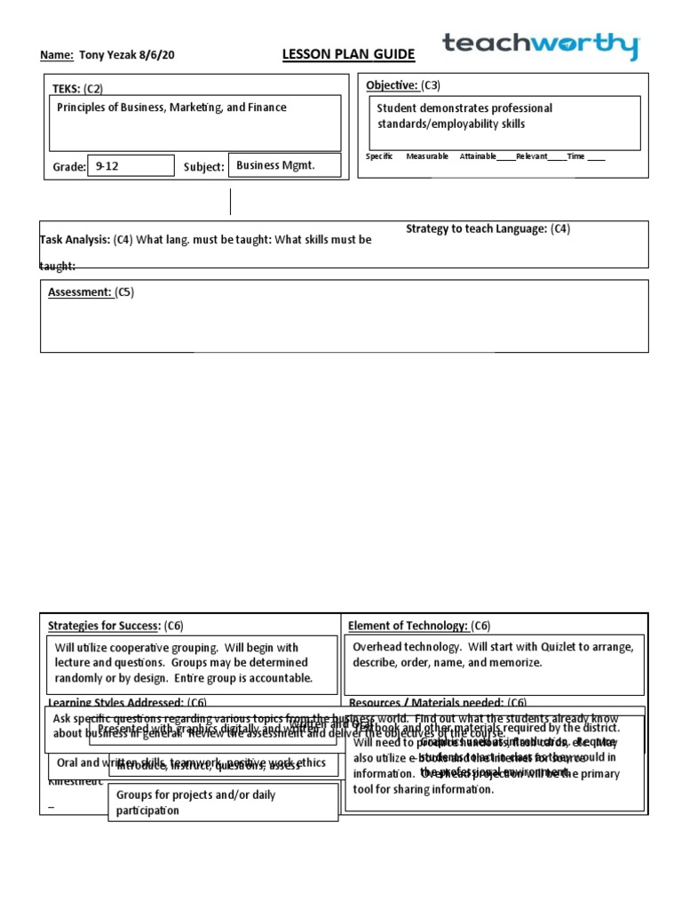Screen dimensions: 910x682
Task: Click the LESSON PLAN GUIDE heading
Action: click(348, 55)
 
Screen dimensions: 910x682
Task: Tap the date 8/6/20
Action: click(156, 55)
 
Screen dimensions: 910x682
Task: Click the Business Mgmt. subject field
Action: click(275, 165)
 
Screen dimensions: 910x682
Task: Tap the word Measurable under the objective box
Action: click(427, 156)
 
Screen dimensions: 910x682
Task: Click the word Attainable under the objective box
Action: click(478, 156)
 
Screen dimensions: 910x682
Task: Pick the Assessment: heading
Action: click(78, 291)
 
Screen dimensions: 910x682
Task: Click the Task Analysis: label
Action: click(75, 240)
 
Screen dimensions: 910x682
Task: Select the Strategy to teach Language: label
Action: click(476, 229)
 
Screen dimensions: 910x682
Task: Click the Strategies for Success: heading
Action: click(104, 626)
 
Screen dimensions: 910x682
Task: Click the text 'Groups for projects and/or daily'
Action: click(195, 794)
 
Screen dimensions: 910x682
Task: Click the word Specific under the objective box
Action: click(379, 156)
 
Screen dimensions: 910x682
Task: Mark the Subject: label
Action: click(203, 167)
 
